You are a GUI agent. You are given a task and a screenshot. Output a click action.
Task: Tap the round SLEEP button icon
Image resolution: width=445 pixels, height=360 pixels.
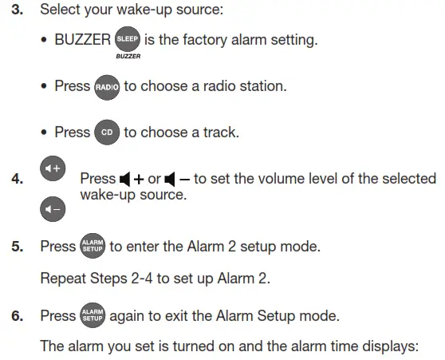click(128, 39)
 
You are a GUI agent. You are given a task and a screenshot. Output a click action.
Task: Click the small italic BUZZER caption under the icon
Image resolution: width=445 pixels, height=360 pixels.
click(128, 57)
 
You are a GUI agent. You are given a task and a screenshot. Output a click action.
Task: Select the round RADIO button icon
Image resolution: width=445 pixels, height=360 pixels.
click(105, 87)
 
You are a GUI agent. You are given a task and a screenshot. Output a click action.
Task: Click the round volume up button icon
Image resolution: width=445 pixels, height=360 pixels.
click(53, 168)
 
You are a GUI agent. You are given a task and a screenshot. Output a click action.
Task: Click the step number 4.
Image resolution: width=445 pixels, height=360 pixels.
click(18, 180)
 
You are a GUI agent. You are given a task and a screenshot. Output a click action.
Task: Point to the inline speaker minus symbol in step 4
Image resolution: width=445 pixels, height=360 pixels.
click(177, 179)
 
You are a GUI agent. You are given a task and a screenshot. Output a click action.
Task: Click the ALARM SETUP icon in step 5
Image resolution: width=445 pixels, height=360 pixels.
click(93, 247)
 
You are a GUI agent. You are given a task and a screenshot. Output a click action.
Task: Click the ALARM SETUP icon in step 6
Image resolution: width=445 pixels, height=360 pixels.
click(93, 316)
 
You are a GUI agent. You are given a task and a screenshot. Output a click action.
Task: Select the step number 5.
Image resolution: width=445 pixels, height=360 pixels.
click(18, 247)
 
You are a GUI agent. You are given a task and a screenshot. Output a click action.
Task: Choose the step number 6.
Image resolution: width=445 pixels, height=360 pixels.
click(18, 317)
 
